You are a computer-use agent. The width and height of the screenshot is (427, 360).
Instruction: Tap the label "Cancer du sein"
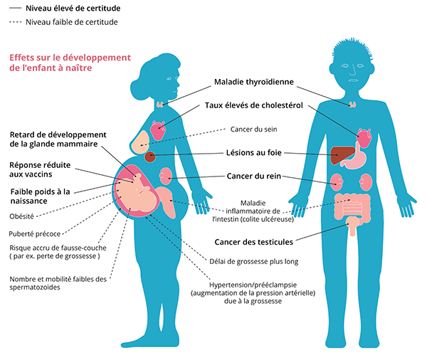click(253, 129)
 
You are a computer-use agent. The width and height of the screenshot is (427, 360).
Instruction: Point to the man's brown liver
click(344, 152)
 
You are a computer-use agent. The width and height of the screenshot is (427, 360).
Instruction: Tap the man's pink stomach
click(356, 159)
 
